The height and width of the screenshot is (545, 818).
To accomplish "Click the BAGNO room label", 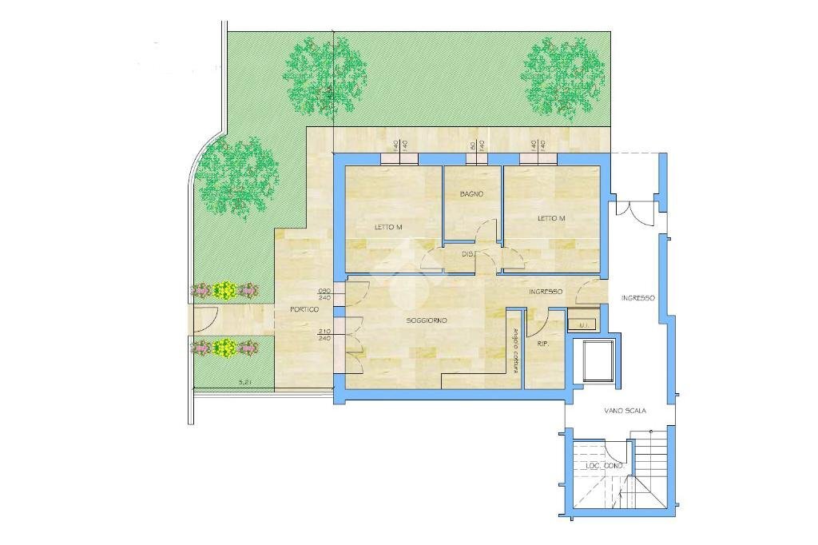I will [x=471, y=194].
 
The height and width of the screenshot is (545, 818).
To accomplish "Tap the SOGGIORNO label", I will [x=427, y=320].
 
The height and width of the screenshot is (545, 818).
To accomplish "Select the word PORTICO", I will [x=304, y=309].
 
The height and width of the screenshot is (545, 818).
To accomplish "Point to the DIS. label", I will [x=469, y=254].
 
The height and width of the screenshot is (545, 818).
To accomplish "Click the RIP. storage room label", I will [x=543, y=344].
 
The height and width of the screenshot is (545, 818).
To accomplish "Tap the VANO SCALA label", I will [x=624, y=411].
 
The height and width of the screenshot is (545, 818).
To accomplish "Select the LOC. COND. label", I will [x=604, y=465].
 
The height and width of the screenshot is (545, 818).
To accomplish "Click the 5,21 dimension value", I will [x=246, y=383].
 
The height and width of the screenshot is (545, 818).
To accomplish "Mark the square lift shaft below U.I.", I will [x=595, y=360].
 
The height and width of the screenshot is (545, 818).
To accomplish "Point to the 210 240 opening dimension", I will [x=324, y=335].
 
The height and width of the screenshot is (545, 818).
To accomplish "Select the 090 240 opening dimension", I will [x=324, y=293].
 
